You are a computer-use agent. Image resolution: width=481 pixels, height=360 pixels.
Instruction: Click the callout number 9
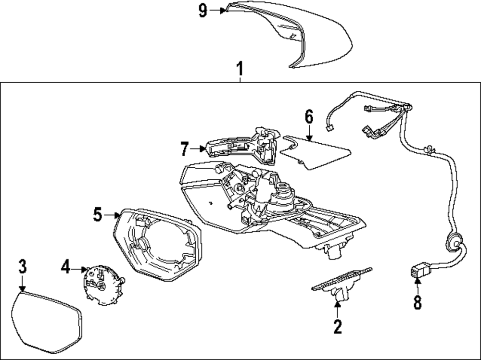click(203, 11)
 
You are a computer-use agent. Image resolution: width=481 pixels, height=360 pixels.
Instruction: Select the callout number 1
click(240, 70)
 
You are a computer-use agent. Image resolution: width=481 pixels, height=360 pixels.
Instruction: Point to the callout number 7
click(184, 149)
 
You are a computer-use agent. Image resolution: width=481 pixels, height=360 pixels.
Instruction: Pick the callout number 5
click(98, 215)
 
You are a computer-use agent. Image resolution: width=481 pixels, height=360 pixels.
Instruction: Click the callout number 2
click(338, 327)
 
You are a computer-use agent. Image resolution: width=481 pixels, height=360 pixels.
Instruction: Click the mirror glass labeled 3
click(46, 320)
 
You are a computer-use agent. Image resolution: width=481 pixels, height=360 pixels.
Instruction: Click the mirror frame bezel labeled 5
click(159, 245)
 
